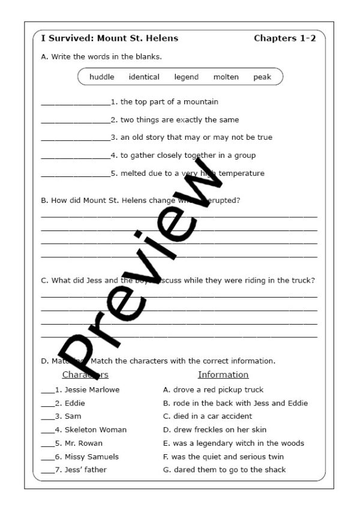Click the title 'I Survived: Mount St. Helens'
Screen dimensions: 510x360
click(x=110, y=38)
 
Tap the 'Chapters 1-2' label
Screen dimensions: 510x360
click(x=285, y=38)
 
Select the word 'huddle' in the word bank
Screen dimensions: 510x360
click(x=101, y=77)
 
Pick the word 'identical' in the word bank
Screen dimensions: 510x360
click(x=144, y=77)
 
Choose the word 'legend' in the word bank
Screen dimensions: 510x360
click(x=187, y=77)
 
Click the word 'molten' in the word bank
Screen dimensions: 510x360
click(x=226, y=77)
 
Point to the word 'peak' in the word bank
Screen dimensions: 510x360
click(x=262, y=77)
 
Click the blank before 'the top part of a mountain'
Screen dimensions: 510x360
click(x=76, y=103)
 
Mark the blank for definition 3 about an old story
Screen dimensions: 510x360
click(x=76, y=139)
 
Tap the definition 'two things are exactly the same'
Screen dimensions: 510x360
click(x=179, y=120)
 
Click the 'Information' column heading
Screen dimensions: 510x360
click(x=223, y=375)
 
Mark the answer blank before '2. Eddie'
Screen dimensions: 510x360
click(x=47, y=404)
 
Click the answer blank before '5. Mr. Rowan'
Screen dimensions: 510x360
click(x=47, y=445)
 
